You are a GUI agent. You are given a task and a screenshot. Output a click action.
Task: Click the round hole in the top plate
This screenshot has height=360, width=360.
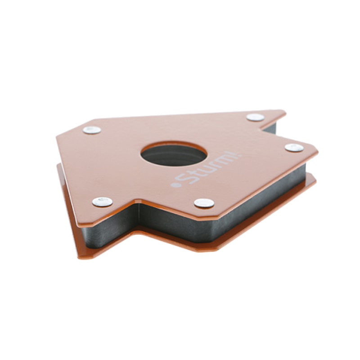click(x=174, y=155)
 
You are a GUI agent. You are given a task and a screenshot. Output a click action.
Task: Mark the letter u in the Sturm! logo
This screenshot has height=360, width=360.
click(x=207, y=169)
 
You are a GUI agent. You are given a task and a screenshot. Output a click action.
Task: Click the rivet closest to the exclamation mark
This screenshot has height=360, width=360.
click(x=294, y=148)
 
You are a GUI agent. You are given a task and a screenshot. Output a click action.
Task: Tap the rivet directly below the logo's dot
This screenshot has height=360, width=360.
click(x=204, y=203)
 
